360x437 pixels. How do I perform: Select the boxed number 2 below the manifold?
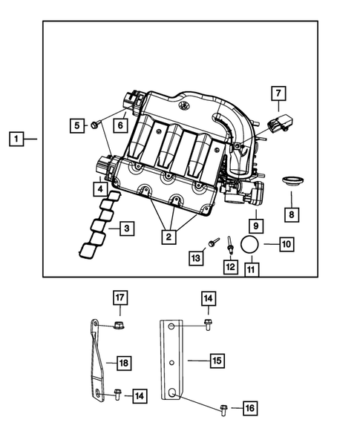pos(170,237)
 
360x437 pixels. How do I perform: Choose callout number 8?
pos(292,214)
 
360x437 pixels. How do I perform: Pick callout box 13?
pos(195,257)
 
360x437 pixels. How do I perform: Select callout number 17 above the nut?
pos(120,298)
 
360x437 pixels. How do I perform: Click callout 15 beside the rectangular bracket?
pos(216,361)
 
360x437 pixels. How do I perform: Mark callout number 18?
pos(124,363)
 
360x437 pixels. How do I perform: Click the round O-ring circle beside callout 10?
pos(251,246)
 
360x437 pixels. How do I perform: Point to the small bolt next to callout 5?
pos(96,125)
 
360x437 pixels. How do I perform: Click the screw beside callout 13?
pos(213,242)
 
